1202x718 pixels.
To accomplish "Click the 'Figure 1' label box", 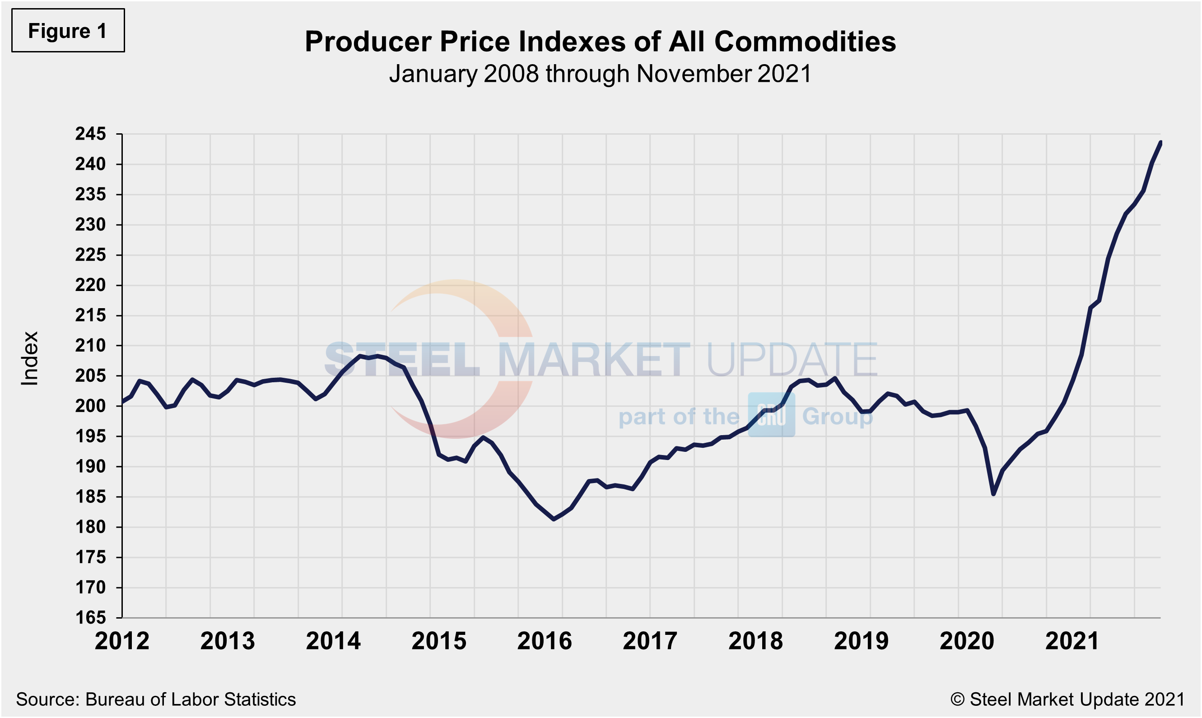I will pyautogui.click(x=68, y=30).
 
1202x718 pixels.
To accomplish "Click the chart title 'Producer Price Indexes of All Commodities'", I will pyautogui.click(x=600, y=42).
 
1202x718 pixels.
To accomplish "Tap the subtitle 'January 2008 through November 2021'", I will pyautogui.click(x=600, y=74).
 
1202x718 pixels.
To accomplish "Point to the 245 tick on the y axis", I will pyautogui.click(x=90, y=134).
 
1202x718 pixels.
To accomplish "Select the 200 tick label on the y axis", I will pyautogui.click(x=90, y=406).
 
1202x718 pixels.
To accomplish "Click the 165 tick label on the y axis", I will pyautogui.click(x=90, y=617).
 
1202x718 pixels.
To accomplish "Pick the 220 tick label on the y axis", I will pyautogui.click(x=90, y=285).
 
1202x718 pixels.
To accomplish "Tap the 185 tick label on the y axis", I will pyautogui.click(x=90, y=497).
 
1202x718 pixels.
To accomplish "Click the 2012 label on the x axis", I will pyautogui.click(x=122, y=641).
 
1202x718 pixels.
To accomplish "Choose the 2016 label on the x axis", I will pyautogui.click(x=545, y=641).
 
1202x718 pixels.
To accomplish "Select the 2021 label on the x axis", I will pyautogui.click(x=1072, y=641).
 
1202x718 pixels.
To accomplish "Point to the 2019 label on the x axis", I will pyautogui.click(x=861, y=641).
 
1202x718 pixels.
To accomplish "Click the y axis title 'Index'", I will pyautogui.click(x=29, y=358).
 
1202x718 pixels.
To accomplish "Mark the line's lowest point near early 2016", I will pyautogui.click(x=554, y=519).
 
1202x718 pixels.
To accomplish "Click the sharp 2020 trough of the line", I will pyautogui.click(x=993, y=494).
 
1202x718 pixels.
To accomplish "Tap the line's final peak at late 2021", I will pyautogui.click(x=1160, y=142).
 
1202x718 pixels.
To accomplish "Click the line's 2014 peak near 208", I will pyautogui.click(x=360, y=356).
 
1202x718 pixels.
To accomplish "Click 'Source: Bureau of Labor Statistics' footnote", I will pyautogui.click(x=156, y=699).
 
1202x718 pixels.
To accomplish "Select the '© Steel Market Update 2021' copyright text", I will pyautogui.click(x=1067, y=699).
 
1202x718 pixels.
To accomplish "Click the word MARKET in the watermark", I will pyautogui.click(x=594, y=360).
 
